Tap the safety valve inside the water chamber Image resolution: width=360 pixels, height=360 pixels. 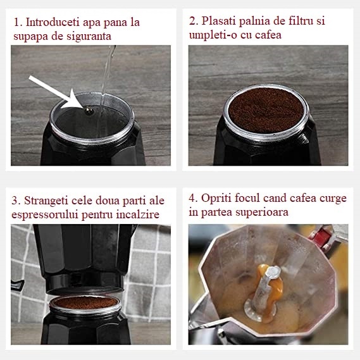click(x=89, y=111)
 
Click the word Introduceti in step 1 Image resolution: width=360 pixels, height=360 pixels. click(x=53, y=22)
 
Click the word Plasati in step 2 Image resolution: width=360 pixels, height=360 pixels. click(x=219, y=21)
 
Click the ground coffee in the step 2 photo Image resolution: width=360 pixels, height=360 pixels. click(x=266, y=109)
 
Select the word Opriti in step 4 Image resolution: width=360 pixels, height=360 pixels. click(x=216, y=199)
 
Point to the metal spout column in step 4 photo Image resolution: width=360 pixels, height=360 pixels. click(x=264, y=292)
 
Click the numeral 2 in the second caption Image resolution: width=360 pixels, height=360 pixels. click(x=192, y=21)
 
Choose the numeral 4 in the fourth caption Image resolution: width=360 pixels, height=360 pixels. click(x=192, y=199)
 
